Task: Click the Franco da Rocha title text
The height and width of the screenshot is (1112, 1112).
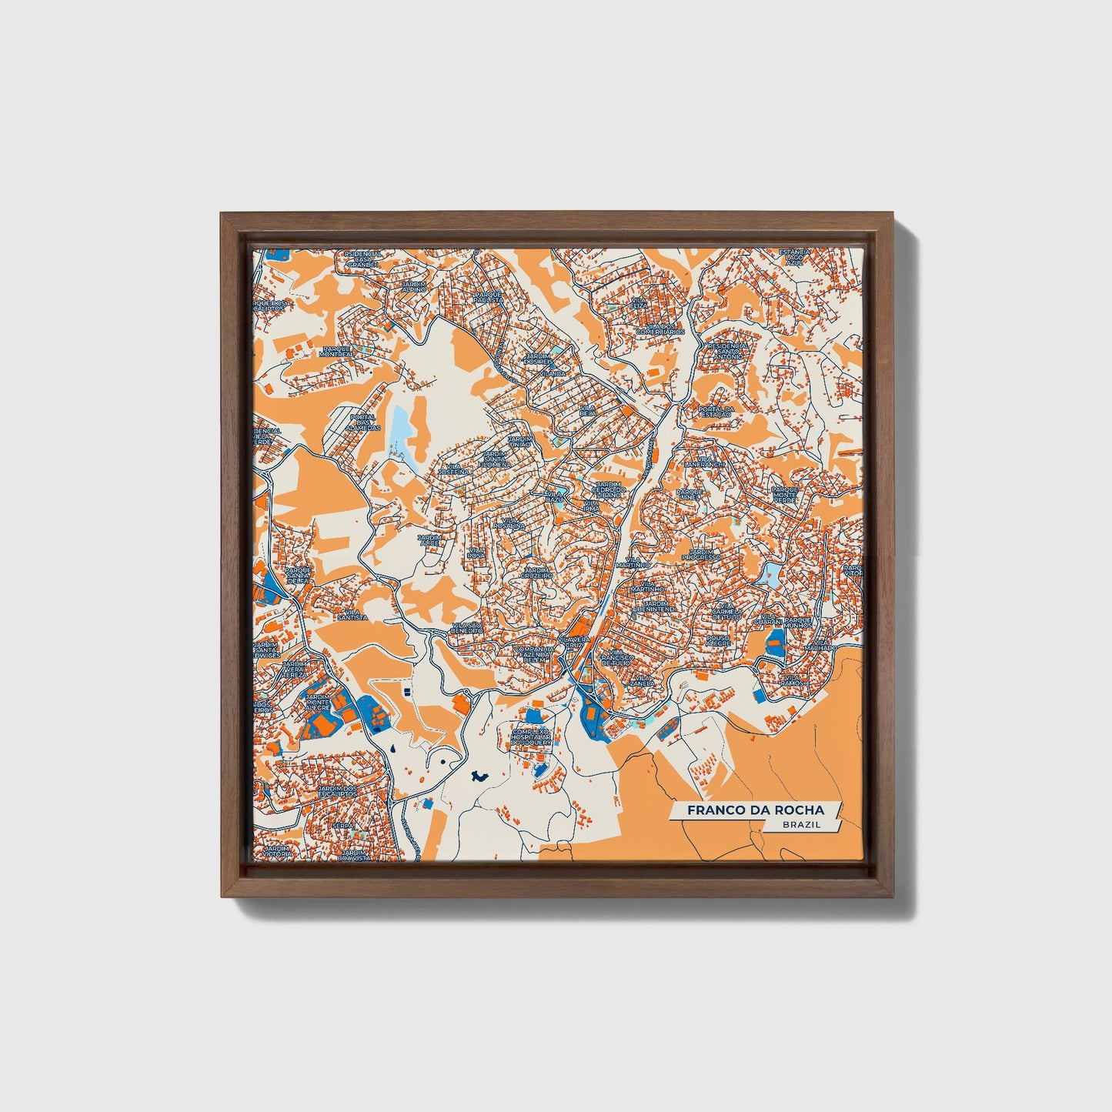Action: tap(755, 810)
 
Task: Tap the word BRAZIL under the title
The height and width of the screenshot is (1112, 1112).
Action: tap(800, 824)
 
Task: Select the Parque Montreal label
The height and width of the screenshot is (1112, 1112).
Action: tap(337, 351)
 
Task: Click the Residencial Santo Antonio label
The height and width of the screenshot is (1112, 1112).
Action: tap(726, 352)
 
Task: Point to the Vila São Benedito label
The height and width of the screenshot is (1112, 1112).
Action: tap(468, 627)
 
